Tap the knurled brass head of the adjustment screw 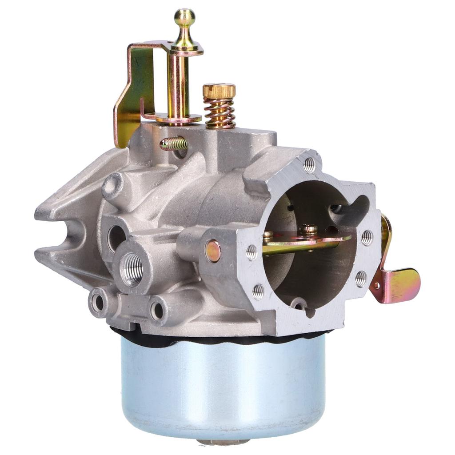point(219,91)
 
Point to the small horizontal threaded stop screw point(174,143)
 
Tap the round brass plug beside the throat point(213,251)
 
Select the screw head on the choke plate point(309,229)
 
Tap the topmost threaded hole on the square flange point(309,165)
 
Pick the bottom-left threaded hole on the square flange point(258,291)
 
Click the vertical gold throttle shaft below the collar point(179,84)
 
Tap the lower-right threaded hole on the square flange point(361,279)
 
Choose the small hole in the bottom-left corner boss point(98,302)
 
